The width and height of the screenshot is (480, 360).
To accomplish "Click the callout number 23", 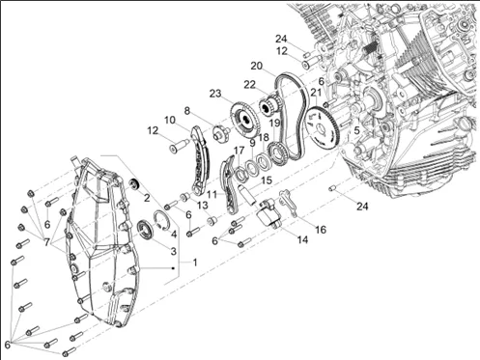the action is (215, 94).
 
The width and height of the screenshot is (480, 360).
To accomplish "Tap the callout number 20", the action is (257, 66).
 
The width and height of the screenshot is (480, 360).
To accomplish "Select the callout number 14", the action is (302, 239).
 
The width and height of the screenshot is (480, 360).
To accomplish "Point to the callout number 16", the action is (321, 230).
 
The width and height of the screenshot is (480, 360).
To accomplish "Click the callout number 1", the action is (195, 263).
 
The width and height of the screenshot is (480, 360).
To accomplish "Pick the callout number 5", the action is (356, 130).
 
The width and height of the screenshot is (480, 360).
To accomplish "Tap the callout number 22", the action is (249, 85).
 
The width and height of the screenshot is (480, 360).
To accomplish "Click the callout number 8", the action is (187, 111).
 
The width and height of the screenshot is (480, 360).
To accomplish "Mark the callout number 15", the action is (267, 180).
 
